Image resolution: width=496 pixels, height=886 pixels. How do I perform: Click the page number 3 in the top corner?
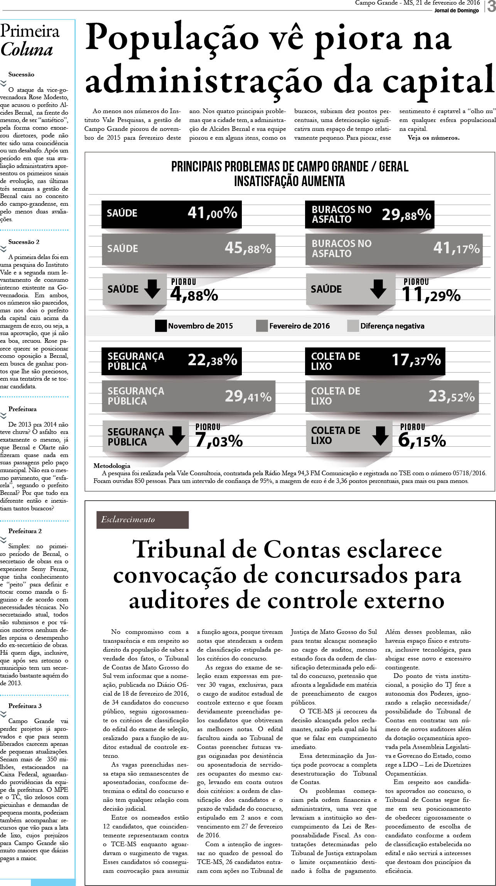(491, 7)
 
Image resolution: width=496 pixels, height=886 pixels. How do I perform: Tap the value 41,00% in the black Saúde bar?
(212, 213)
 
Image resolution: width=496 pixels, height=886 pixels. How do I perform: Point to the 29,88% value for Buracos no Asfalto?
(406, 215)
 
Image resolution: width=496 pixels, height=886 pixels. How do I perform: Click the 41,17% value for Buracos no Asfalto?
(456, 248)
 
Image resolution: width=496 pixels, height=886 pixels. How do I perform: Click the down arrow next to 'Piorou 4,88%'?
(152, 289)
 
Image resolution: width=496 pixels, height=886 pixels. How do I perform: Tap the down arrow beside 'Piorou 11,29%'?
(378, 289)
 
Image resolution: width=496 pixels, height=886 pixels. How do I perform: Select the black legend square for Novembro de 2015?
(160, 326)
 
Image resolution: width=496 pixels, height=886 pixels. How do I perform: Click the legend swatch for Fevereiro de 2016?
(262, 326)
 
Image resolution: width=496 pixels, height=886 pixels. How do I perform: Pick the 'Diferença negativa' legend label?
(392, 326)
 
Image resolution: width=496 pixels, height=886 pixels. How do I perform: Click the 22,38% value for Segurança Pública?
(212, 360)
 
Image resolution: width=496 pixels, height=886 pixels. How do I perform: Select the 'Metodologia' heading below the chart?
(112, 466)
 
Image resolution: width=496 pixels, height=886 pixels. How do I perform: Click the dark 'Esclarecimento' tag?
(142, 520)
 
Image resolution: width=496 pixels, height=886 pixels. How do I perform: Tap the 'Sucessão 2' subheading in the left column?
(24, 242)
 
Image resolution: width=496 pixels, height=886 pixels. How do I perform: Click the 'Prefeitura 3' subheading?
(25, 706)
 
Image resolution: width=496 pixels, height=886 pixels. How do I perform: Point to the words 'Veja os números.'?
(434, 138)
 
